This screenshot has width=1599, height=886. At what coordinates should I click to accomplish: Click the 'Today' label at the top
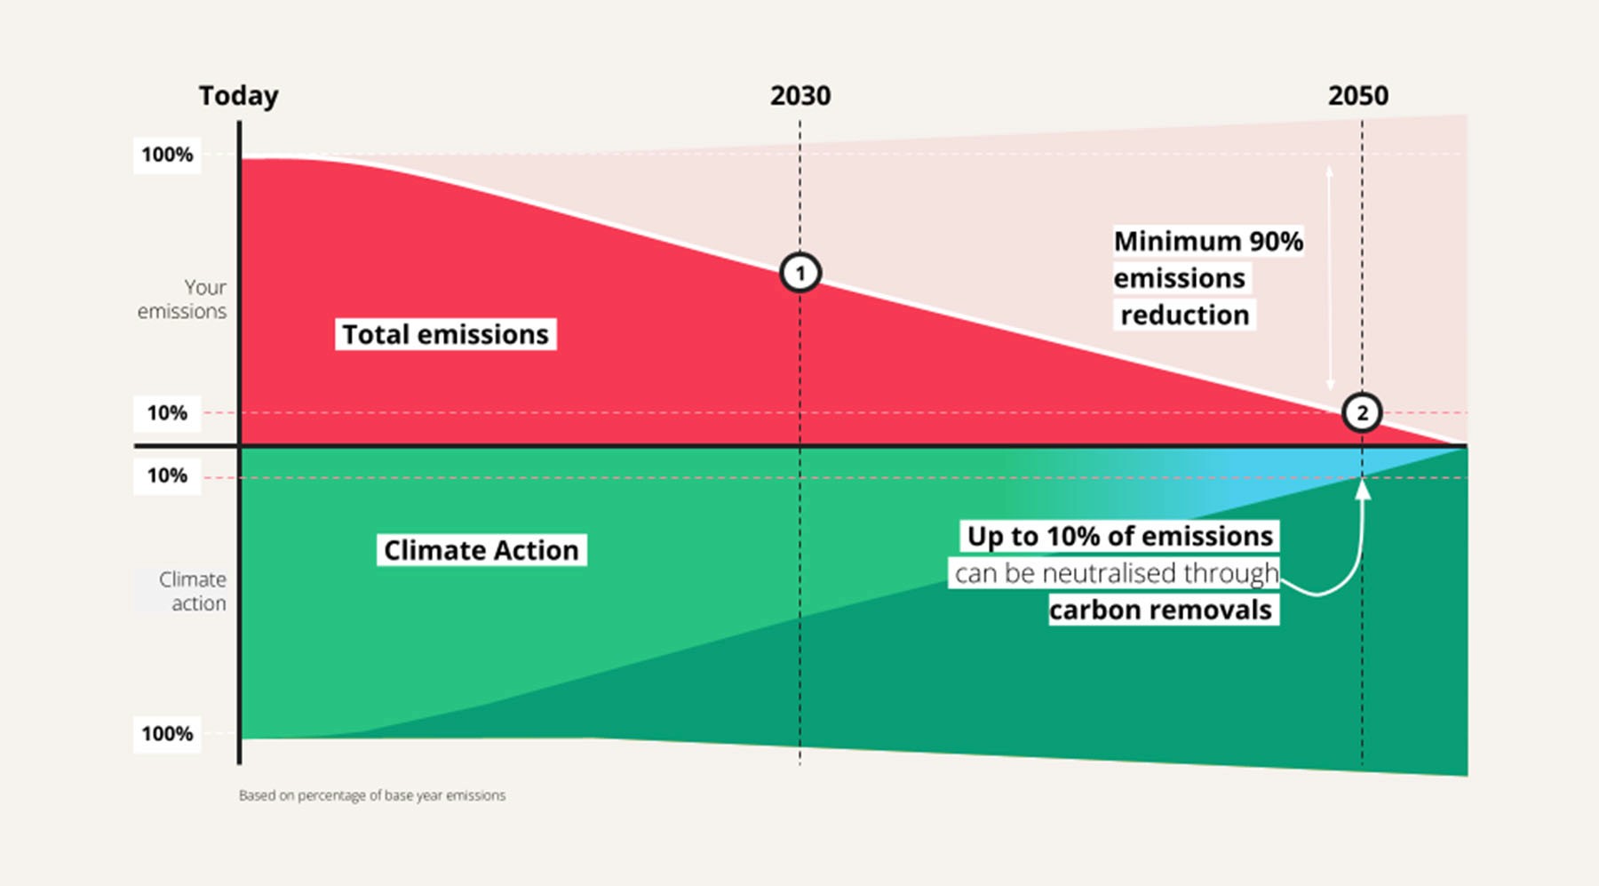click(238, 96)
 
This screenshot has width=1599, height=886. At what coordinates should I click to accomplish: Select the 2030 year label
click(800, 96)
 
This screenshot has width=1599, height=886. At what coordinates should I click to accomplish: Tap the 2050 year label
click(1357, 96)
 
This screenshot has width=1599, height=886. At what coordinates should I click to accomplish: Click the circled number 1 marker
click(800, 273)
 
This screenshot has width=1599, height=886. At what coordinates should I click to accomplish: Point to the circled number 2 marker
click(1362, 412)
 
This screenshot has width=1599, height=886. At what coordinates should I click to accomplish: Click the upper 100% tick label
click(167, 155)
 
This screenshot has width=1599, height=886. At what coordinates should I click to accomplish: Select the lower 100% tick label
click(167, 734)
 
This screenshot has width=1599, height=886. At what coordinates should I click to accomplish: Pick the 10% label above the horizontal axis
click(167, 413)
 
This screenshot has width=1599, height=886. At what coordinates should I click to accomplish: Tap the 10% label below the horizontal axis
click(167, 476)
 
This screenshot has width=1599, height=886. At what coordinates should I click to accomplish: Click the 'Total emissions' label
click(445, 334)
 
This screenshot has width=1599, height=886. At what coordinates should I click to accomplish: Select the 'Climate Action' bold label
click(481, 550)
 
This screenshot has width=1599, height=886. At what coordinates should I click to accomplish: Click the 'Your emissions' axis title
click(183, 299)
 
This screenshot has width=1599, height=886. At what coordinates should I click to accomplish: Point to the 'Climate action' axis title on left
click(192, 591)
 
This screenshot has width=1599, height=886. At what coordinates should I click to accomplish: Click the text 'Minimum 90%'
click(1208, 242)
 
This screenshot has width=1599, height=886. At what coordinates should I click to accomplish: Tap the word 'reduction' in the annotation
click(1184, 315)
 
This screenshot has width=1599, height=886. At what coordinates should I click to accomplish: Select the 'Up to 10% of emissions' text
click(1119, 536)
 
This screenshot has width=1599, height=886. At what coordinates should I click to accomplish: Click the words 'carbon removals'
click(1160, 610)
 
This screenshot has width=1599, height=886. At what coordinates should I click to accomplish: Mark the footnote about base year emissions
click(371, 795)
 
